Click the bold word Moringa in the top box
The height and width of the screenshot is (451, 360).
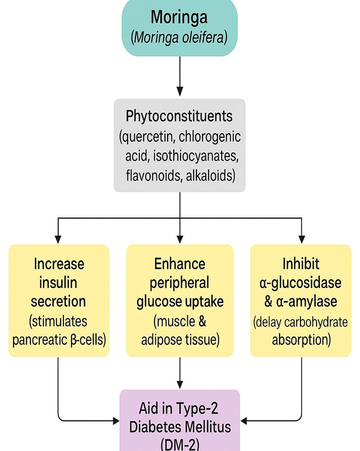click(x=179, y=17)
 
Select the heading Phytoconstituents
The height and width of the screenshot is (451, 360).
click(x=179, y=116)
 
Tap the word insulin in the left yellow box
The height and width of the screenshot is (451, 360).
click(x=59, y=282)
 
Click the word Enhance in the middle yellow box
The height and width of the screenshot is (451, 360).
click(x=179, y=264)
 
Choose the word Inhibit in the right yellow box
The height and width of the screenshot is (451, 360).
click(x=301, y=264)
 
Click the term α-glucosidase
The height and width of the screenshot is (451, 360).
click(x=301, y=282)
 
